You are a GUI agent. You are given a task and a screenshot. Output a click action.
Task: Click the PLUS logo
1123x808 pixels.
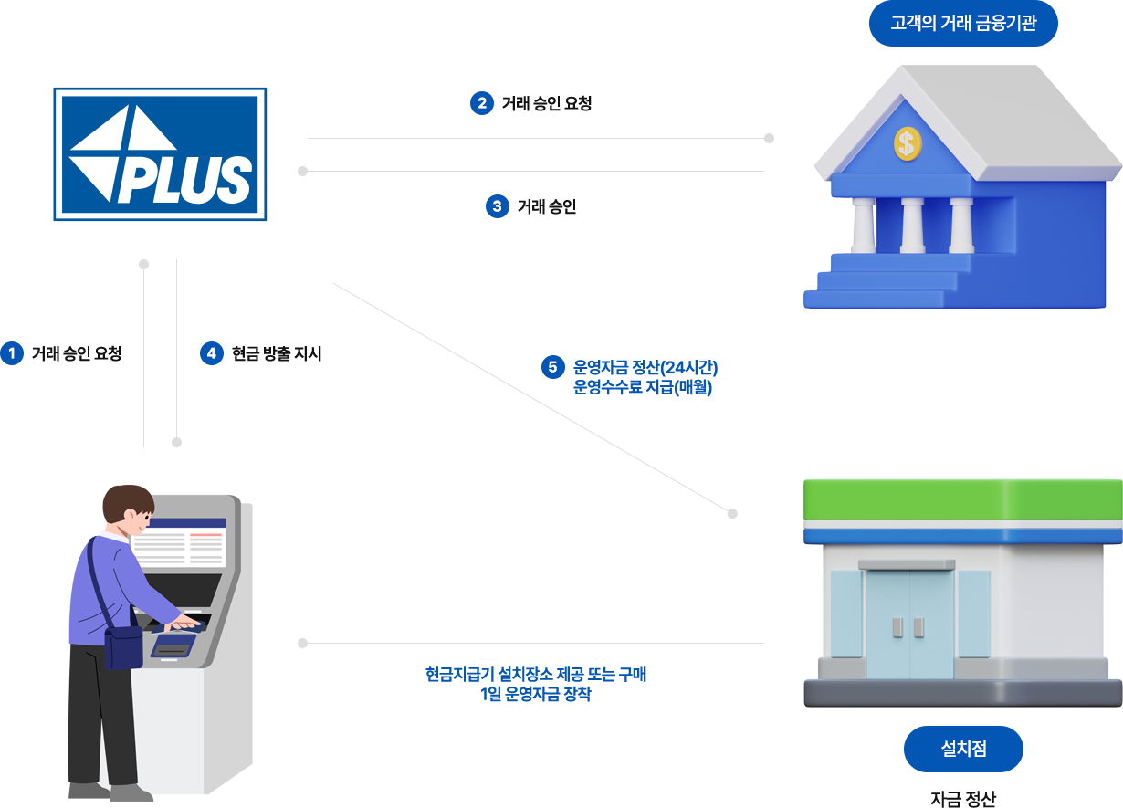(160, 153)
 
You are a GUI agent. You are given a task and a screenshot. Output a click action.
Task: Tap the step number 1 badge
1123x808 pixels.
(12, 353)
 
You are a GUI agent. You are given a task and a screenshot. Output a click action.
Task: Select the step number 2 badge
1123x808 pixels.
(481, 103)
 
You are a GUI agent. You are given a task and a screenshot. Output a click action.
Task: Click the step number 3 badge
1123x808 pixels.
(497, 206)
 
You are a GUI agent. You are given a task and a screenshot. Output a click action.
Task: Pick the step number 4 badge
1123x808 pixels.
(212, 353)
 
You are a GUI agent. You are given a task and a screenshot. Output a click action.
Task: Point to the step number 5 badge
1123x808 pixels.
(552, 367)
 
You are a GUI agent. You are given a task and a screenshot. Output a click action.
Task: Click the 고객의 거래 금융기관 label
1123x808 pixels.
(963, 24)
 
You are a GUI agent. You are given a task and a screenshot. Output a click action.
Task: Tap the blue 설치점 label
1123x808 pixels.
(963, 749)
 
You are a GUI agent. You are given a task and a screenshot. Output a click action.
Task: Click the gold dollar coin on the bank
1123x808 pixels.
(907, 142)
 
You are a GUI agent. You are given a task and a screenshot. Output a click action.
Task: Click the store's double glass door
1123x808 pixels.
(908, 623)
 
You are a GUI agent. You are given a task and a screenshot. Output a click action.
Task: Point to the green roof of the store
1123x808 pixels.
(962, 499)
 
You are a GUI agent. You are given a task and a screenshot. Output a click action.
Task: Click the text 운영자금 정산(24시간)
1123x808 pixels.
(645, 368)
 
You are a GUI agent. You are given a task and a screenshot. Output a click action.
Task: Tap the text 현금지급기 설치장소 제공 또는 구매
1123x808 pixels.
(536, 675)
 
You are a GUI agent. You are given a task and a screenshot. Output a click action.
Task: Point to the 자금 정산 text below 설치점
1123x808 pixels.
(963, 797)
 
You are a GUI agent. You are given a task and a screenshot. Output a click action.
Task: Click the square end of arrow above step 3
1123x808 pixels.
(303, 171)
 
